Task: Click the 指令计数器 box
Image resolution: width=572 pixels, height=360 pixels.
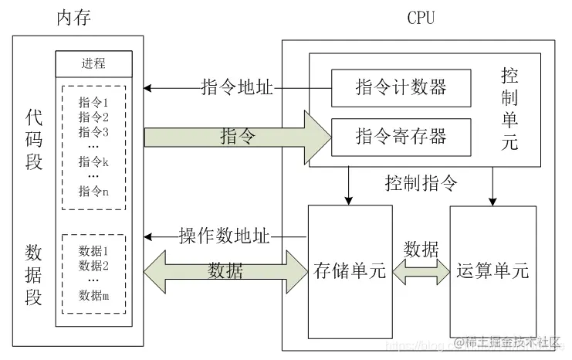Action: pyautogui.click(x=400, y=87)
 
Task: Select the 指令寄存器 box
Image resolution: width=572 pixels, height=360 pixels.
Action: pyautogui.click(x=400, y=138)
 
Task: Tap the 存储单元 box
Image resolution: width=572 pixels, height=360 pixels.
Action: pyautogui.click(x=350, y=271)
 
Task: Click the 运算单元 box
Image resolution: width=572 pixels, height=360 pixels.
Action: pyautogui.click(x=492, y=271)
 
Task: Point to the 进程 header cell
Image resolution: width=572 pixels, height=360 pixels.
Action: pyautogui.click(x=93, y=63)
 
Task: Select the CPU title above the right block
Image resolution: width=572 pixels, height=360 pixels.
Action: pyautogui.click(x=421, y=18)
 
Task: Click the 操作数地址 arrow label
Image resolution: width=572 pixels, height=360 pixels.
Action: pyautogui.click(x=224, y=236)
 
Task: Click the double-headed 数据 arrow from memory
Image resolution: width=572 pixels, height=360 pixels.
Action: pyautogui.click(x=225, y=271)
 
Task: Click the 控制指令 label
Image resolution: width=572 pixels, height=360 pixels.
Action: pyautogui.click(x=421, y=184)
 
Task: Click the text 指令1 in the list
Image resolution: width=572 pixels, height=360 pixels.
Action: pyautogui.click(x=93, y=102)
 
